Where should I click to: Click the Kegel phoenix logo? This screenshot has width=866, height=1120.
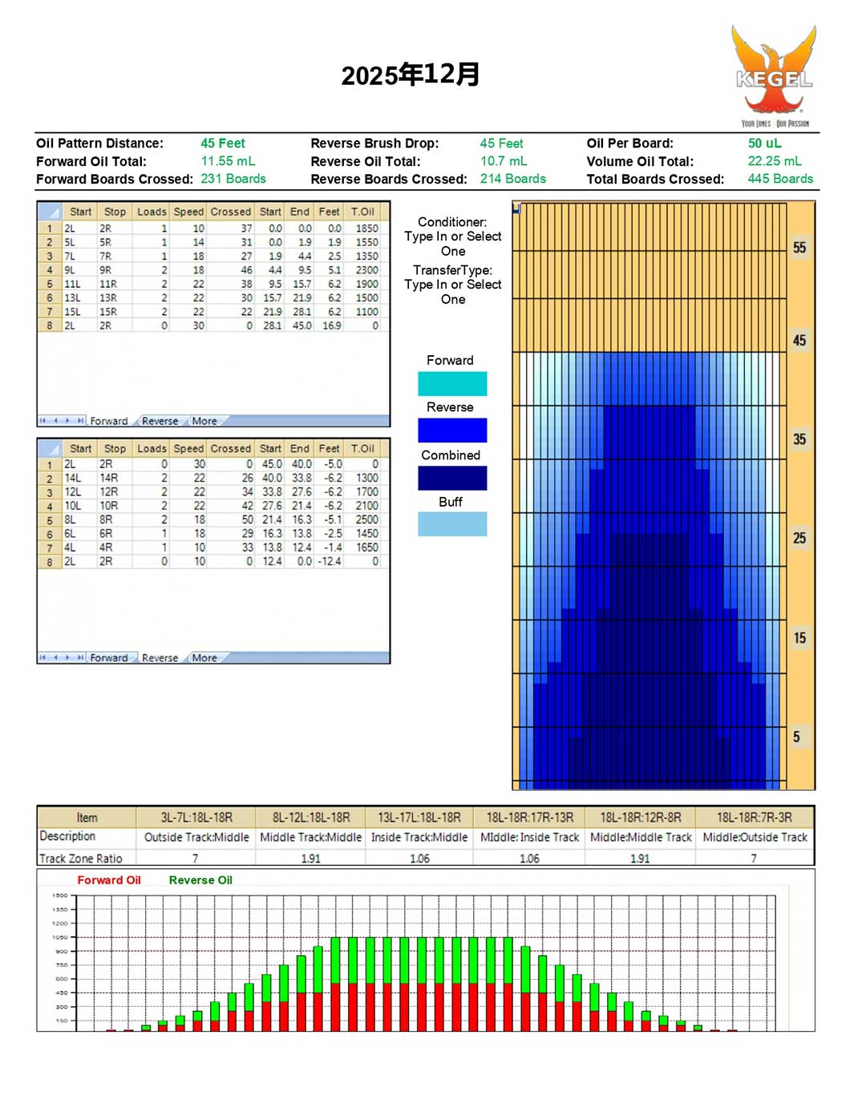click(x=774, y=74)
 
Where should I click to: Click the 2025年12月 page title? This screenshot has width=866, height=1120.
click(x=411, y=75)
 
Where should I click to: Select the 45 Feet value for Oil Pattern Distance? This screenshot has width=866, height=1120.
click(x=223, y=144)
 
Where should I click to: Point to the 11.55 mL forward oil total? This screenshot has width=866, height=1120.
click(x=228, y=161)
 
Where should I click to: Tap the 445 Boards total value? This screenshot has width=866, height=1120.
click(x=780, y=179)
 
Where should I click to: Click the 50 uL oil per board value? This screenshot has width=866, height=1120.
click(x=764, y=144)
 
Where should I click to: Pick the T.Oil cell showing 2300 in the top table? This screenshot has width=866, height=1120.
click(x=366, y=270)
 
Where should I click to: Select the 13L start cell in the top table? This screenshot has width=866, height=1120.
click(x=72, y=297)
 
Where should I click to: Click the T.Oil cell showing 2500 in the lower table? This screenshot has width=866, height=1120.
click(x=366, y=520)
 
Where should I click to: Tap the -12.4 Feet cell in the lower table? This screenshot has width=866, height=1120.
click(x=330, y=561)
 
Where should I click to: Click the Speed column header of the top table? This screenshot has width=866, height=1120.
click(x=188, y=212)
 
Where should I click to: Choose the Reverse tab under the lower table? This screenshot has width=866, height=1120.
click(x=160, y=658)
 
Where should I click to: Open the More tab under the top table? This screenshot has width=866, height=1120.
click(x=204, y=421)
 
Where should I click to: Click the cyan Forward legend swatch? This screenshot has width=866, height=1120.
click(x=452, y=383)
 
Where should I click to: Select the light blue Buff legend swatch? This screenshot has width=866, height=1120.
click(x=452, y=524)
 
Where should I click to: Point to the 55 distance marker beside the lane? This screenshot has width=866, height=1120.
click(x=799, y=248)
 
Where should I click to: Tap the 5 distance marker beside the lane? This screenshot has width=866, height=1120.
click(x=796, y=737)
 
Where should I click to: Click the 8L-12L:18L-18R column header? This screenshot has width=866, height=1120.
click(x=311, y=818)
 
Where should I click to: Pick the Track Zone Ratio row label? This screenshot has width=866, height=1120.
click(x=81, y=859)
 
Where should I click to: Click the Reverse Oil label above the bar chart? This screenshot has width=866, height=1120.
click(x=200, y=880)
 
